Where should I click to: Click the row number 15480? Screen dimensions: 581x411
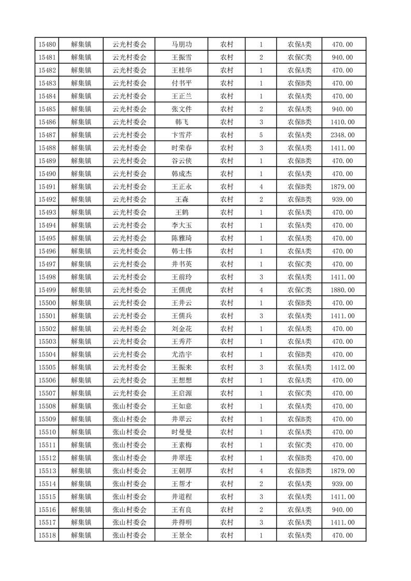(47, 45)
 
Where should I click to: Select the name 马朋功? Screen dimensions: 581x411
(181, 45)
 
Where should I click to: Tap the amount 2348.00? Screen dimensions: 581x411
(342, 135)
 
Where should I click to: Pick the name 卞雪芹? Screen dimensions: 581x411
(181, 135)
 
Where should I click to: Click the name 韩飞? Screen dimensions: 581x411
(181, 122)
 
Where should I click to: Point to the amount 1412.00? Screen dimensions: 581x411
(342, 368)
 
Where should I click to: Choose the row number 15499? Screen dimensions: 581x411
(47, 290)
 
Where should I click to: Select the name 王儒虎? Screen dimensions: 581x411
(181, 290)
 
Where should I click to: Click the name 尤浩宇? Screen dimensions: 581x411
(181, 355)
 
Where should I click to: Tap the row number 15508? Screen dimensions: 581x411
(47, 406)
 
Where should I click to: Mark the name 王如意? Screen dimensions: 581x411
(181, 406)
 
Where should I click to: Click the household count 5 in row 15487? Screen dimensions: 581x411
(261, 135)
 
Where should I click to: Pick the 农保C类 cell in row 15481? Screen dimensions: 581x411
(299, 57)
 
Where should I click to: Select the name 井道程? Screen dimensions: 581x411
(181, 497)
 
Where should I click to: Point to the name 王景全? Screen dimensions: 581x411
(181, 535)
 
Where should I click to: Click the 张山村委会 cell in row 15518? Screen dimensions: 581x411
(130, 535)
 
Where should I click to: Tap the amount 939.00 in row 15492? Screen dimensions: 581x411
(342, 200)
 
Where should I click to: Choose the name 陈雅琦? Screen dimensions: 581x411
(181, 238)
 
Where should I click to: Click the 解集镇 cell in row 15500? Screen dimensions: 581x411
(81, 303)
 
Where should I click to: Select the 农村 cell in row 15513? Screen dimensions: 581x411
(226, 471)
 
